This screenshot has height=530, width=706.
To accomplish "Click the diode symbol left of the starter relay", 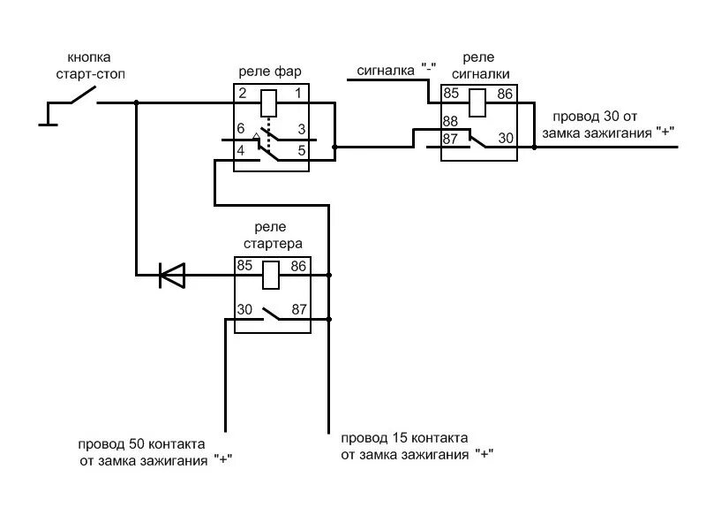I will [171, 276].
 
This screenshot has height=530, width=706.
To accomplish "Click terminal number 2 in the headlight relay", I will [242, 93].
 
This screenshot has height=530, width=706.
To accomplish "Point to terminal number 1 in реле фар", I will [298, 93].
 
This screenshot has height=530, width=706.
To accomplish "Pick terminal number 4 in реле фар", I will [242, 150].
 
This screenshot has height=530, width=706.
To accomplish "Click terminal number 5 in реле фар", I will [301, 150].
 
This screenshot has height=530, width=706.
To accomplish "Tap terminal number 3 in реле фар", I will [301, 130].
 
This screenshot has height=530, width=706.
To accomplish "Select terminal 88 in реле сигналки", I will [450, 122].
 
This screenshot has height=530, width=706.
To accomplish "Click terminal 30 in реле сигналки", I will [506, 138].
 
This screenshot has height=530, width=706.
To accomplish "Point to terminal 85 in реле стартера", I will [244, 265].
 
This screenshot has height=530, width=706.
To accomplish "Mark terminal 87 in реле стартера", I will [299, 309].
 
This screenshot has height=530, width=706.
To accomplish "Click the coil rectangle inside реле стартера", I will [272, 275].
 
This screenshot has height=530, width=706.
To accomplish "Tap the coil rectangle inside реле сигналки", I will [477, 102].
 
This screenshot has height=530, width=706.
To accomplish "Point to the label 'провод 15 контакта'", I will [403, 437].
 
